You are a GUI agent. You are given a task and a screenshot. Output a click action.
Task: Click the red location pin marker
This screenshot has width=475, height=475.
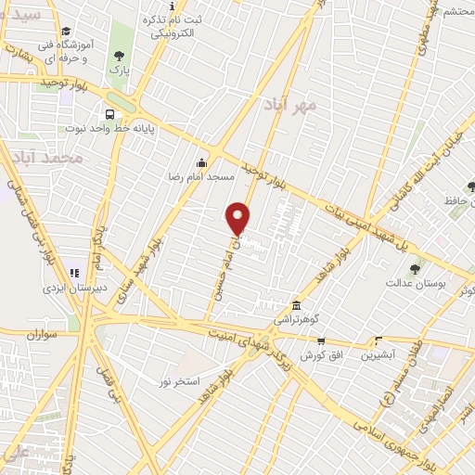point(238,217)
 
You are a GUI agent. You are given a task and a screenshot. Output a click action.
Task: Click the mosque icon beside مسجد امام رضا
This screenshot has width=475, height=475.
point(203,163)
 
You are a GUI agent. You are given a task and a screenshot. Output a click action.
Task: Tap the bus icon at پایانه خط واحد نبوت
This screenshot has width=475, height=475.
point(110,115)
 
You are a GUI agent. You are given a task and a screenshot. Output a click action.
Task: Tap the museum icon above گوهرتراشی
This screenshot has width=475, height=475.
point(295,305)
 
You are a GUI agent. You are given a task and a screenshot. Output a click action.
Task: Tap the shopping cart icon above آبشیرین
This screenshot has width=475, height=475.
point(377,340)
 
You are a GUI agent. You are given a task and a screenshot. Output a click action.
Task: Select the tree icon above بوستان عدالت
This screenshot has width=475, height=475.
point(416,270)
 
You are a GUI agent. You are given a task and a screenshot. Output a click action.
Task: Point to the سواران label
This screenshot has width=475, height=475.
point(43,330)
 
